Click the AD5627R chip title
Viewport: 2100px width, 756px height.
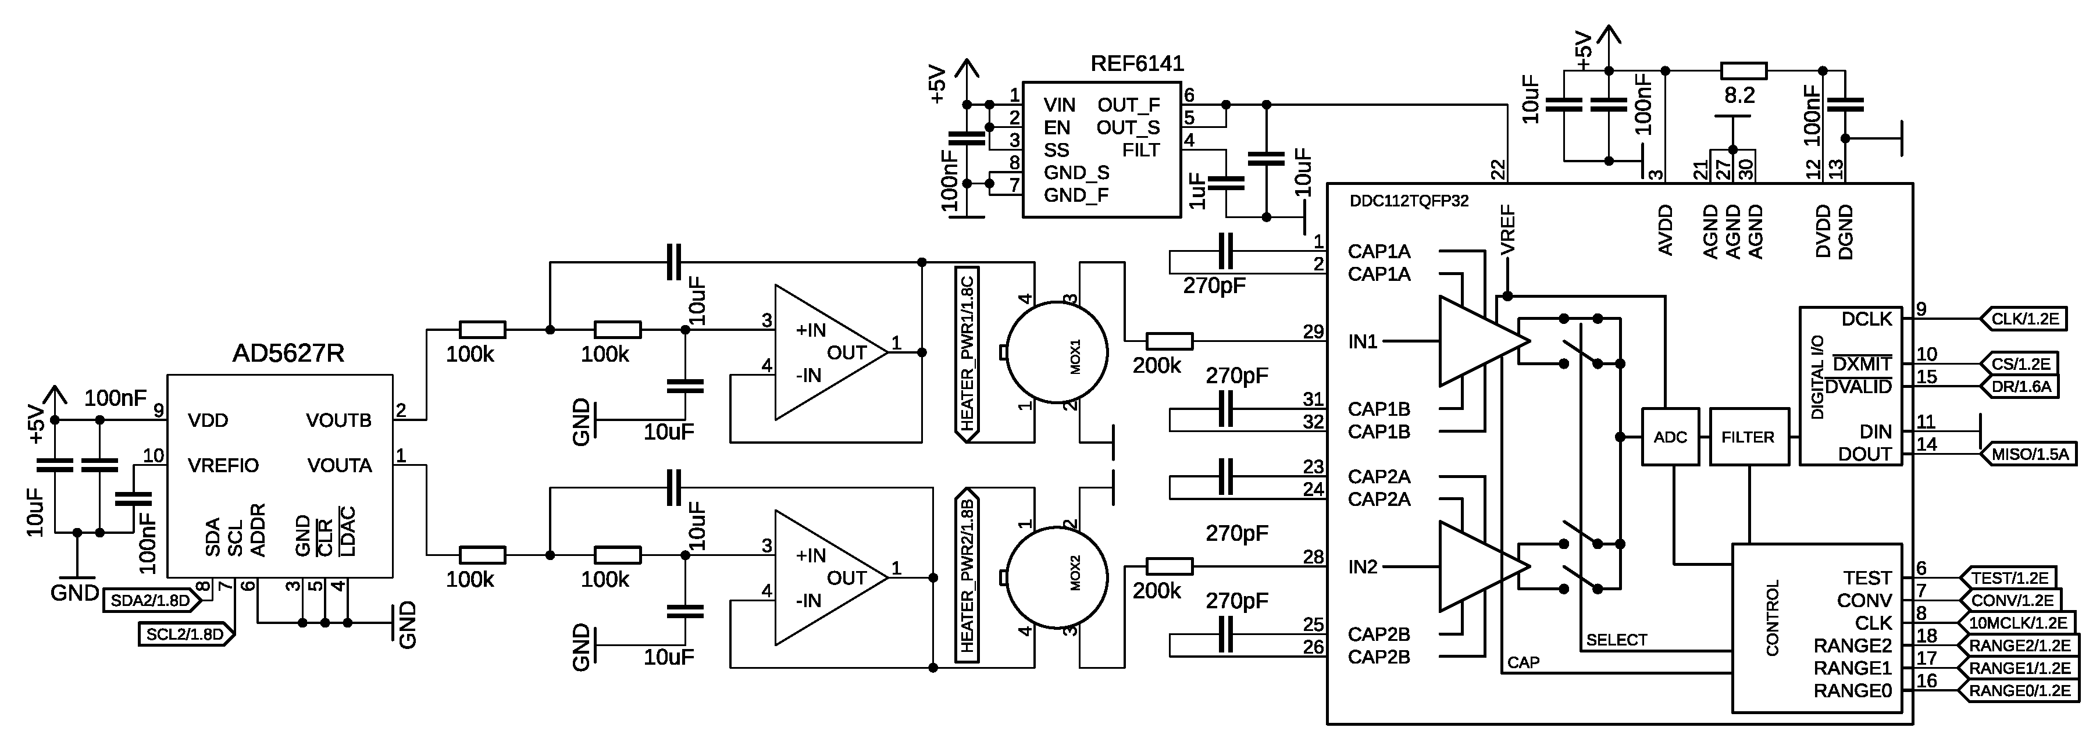click(x=288, y=353)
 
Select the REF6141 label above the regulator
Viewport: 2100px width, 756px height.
click(x=1136, y=63)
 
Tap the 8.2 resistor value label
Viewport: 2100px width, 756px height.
click(x=1739, y=95)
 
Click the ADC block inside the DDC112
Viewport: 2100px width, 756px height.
click(x=1670, y=437)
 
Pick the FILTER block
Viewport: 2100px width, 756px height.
click(x=1747, y=437)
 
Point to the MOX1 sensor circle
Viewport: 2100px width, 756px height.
click(x=1057, y=353)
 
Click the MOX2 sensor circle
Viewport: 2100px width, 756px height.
click(x=1057, y=578)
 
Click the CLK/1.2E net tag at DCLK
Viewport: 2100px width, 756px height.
click(x=2024, y=319)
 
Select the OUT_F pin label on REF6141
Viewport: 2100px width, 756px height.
click(x=1128, y=105)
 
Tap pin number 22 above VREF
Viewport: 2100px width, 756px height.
click(x=1498, y=170)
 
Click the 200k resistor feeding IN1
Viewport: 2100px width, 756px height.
click(x=1169, y=341)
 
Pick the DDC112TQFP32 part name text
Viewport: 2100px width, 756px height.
click(x=1409, y=201)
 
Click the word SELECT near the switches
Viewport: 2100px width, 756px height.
click(x=1617, y=640)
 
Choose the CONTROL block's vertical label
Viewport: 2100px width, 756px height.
click(x=1772, y=618)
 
